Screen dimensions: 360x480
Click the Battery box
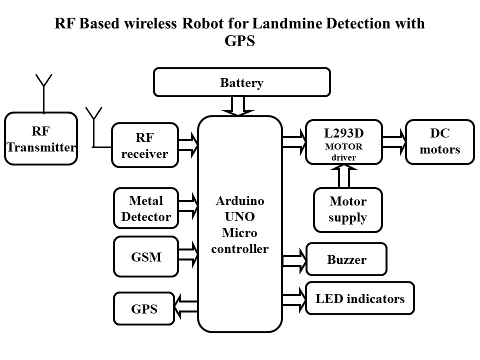point(241,82)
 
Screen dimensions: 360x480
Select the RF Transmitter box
point(41,138)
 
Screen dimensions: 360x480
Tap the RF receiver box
point(145,145)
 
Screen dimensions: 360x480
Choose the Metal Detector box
point(146,209)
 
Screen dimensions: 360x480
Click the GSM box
point(146,257)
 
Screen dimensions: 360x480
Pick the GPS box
point(144,308)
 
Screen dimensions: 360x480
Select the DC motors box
point(439,142)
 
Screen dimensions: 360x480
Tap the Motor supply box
point(347,209)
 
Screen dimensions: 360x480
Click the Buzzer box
point(346,259)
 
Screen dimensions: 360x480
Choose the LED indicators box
point(360,298)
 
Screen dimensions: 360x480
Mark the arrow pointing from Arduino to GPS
point(186,304)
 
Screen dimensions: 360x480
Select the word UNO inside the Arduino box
point(239,217)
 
